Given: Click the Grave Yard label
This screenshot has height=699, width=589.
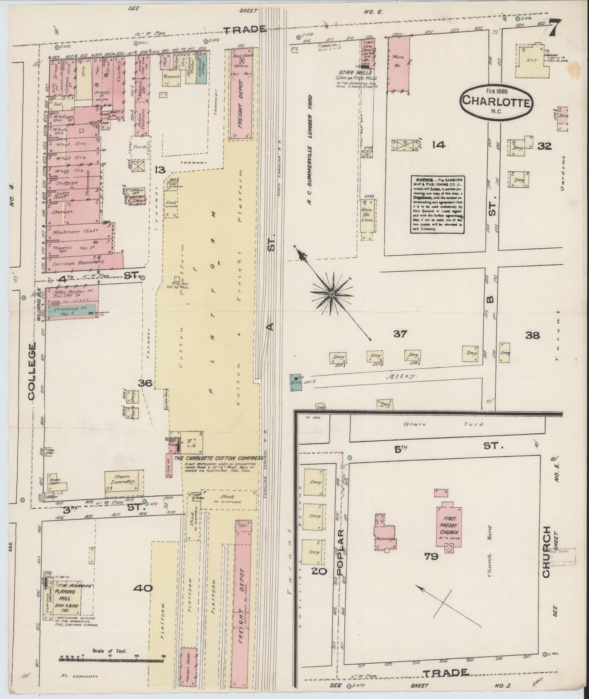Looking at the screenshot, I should point(444,424).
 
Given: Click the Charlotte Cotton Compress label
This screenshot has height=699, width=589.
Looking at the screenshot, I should point(219,458).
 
